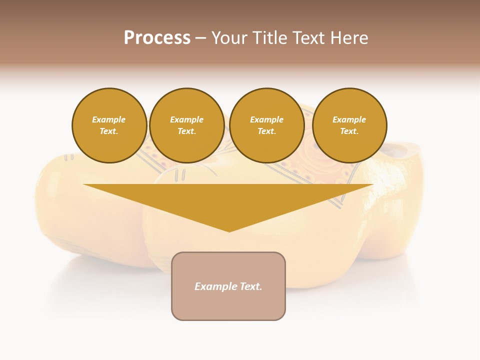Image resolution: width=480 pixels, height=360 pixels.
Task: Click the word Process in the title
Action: click(x=157, y=38)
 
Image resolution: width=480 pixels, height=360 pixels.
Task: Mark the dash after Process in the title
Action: click(x=201, y=38)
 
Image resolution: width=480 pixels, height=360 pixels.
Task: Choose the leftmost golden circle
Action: click(x=109, y=125)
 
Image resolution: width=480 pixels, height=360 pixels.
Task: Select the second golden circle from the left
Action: click(x=187, y=125)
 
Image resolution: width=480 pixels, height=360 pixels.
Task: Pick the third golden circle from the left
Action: click(x=267, y=125)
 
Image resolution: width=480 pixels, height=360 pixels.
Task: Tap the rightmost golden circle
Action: click(x=349, y=125)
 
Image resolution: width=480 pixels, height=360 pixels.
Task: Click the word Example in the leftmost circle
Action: click(x=109, y=119)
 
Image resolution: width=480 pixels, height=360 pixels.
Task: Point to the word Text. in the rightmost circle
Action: click(x=349, y=131)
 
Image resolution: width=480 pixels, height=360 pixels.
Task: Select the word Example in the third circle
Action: click(x=267, y=119)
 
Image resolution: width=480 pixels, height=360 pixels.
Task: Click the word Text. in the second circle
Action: click(x=187, y=131)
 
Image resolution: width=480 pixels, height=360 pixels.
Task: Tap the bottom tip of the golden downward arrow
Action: click(x=229, y=231)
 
